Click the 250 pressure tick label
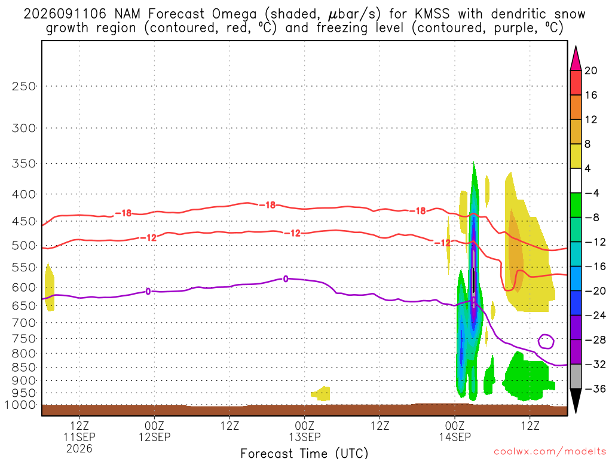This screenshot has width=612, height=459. pyautogui.click(x=24, y=86)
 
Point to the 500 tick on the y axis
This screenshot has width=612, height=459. pyautogui.click(x=24, y=246)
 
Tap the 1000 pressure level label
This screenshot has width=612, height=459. pyautogui.click(x=20, y=405)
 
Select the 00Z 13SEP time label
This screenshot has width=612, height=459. pyautogui.click(x=304, y=431)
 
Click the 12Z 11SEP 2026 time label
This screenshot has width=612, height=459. pyautogui.click(x=79, y=437)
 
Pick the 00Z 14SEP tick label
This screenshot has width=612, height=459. pyautogui.click(x=455, y=431)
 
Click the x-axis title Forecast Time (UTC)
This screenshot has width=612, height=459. pyautogui.click(x=304, y=453)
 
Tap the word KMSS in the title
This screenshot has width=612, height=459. pyautogui.click(x=432, y=14)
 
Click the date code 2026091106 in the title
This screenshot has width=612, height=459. pyautogui.click(x=65, y=14)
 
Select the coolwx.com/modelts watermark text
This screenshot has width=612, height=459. pyautogui.click(x=550, y=452)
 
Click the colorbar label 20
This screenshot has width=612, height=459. pyautogui.click(x=590, y=71)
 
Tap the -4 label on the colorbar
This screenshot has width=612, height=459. pyautogui.click(x=591, y=193)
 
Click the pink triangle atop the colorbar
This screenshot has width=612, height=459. pyautogui.click(x=576, y=60)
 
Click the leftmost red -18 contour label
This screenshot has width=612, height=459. pyautogui.click(x=123, y=213)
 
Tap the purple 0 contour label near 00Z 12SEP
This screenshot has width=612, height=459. pyautogui.click(x=148, y=291)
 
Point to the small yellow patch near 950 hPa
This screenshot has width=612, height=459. pyautogui.click(x=322, y=393)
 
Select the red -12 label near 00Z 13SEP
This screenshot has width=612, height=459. pyautogui.click(x=292, y=234)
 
